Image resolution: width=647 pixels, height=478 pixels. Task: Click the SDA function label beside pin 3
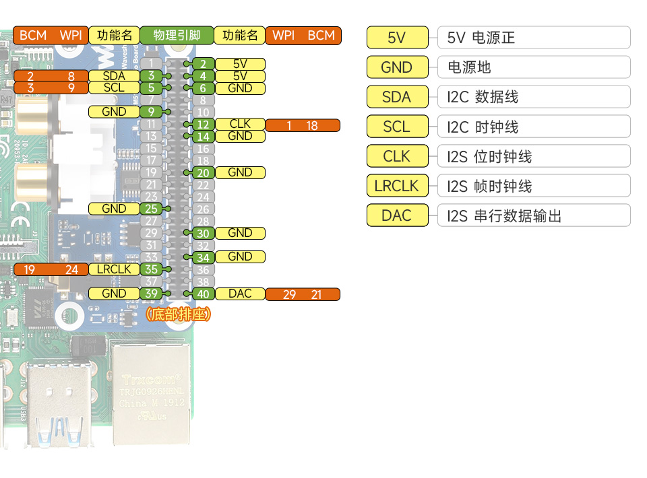coord(114,76)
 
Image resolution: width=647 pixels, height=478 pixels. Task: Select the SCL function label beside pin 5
coord(114,88)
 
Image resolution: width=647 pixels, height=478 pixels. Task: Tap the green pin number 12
coord(203,125)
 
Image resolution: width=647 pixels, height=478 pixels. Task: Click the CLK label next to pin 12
coord(240,125)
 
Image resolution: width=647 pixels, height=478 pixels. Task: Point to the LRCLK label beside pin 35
coord(114,269)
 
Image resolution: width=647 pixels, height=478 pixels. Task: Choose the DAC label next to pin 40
coord(240,294)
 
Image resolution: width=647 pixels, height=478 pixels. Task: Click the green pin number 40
coord(203,294)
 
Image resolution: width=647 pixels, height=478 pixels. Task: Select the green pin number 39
coord(151,294)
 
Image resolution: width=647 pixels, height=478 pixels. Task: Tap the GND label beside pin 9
coord(114,112)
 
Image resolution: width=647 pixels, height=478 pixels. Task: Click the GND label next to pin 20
coord(240,172)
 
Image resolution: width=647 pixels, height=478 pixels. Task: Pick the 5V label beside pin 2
coord(240,64)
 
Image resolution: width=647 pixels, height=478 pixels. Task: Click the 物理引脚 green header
coord(177,35)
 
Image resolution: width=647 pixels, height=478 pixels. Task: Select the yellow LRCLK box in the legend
coord(397,186)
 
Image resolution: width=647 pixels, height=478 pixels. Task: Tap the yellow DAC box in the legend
coord(397,215)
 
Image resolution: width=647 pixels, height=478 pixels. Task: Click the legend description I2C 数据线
coord(483,97)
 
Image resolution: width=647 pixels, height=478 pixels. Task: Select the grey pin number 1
coord(151,64)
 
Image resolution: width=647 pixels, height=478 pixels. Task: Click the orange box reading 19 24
coord(51,270)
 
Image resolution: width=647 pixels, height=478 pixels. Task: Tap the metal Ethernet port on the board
coord(151,390)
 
